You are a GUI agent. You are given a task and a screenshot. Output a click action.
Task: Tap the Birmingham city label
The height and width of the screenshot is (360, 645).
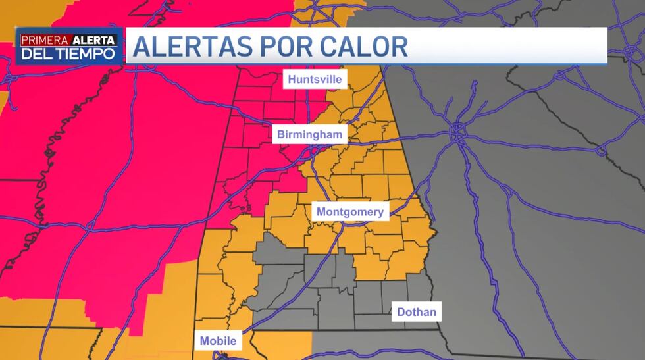(x=309, y=135)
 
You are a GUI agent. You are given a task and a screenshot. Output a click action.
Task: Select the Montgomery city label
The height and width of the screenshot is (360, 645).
(x=349, y=212)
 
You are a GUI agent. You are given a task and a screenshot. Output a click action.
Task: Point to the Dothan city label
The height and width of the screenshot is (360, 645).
(x=417, y=312)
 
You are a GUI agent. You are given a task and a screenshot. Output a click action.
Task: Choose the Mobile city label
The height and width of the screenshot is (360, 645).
(x=218, y=341)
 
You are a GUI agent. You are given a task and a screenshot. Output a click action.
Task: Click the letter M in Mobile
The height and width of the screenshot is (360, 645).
(x=204, y=341)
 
